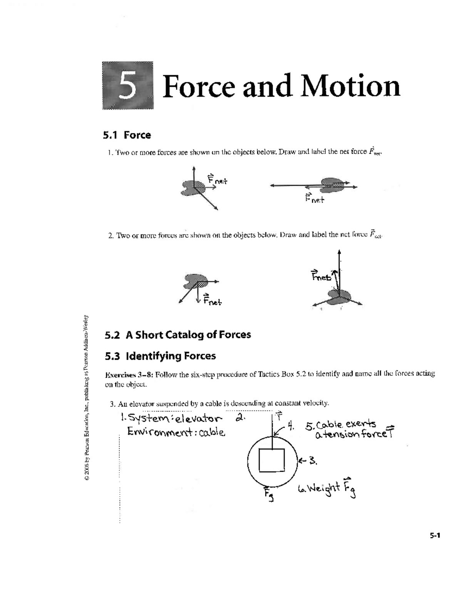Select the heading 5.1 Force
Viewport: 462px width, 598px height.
[x=127, y=135]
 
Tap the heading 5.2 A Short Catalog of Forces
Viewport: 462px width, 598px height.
[x=177, y=335]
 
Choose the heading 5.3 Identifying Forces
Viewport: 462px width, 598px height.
[x=160, y=356]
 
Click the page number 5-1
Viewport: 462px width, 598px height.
[x=435, y=536]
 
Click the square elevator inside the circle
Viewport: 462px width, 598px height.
[x=271, y=460]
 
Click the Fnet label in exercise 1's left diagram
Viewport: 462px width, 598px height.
[x=218, y=179]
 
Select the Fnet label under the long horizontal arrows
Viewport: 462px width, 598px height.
[x=315, y=199]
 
